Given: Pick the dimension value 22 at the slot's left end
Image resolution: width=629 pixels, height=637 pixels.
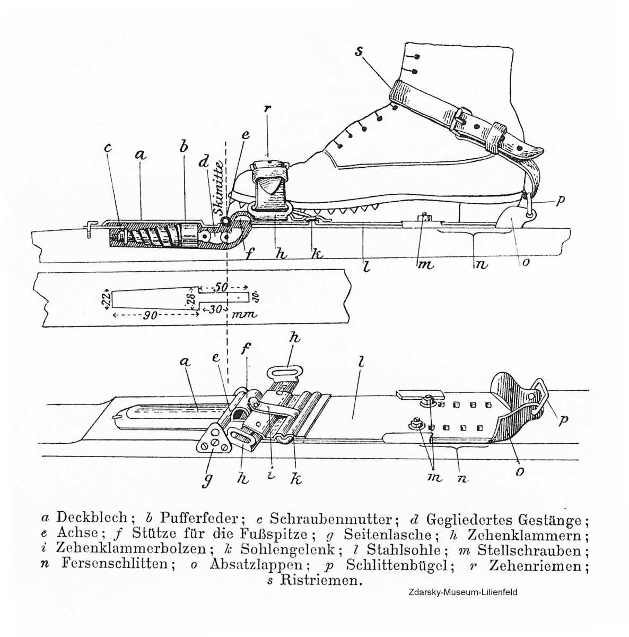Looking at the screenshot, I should coord(106,298).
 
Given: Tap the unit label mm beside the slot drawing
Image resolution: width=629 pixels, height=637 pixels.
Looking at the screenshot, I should coord(244,314).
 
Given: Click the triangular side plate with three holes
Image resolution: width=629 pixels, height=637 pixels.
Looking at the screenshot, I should coord(212,440).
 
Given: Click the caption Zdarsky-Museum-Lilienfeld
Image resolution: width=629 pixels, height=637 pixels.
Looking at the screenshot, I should coord(462,592).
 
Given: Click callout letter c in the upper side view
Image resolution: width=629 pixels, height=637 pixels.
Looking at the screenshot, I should coord(108,148).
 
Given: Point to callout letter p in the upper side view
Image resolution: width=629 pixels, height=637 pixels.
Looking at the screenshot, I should coord(561,201).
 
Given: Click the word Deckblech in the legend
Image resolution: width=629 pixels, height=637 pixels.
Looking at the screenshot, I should coord(92,518).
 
